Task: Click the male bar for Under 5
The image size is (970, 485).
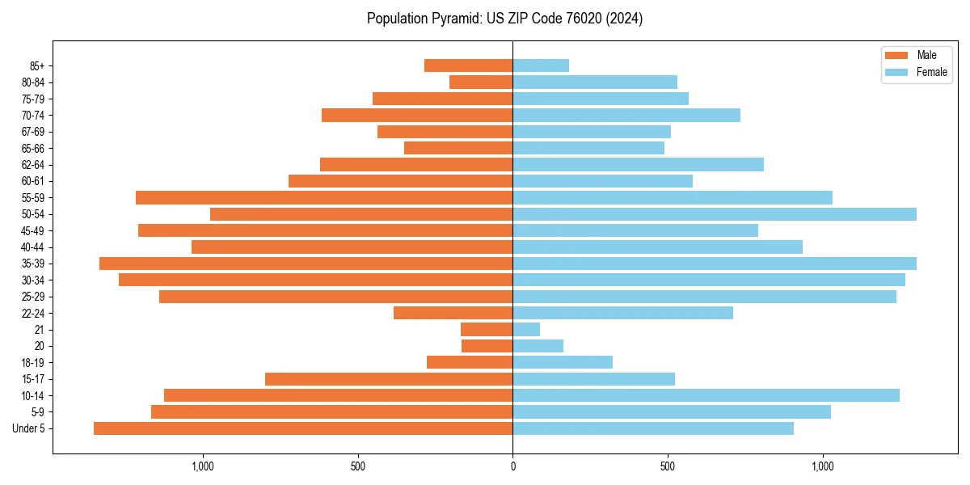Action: coord(303,428)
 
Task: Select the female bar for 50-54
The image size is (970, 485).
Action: coord(715,214)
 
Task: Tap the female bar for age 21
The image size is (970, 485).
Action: coord(526,330)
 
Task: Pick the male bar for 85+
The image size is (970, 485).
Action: coord(468,65)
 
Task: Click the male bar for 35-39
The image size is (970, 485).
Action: coord(306,264)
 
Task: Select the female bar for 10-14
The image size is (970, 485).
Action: coord(706,395)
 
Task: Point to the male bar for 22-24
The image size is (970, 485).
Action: coord(453,313)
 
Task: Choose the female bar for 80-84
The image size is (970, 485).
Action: coord(595,82)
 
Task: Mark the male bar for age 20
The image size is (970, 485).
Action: coord(487,346)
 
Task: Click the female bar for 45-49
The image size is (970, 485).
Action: coord(635,230)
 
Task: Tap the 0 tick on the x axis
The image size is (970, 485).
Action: coord(512,467)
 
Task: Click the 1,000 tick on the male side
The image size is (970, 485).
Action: coord(202,467)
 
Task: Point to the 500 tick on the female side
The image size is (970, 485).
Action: coord(668,467)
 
